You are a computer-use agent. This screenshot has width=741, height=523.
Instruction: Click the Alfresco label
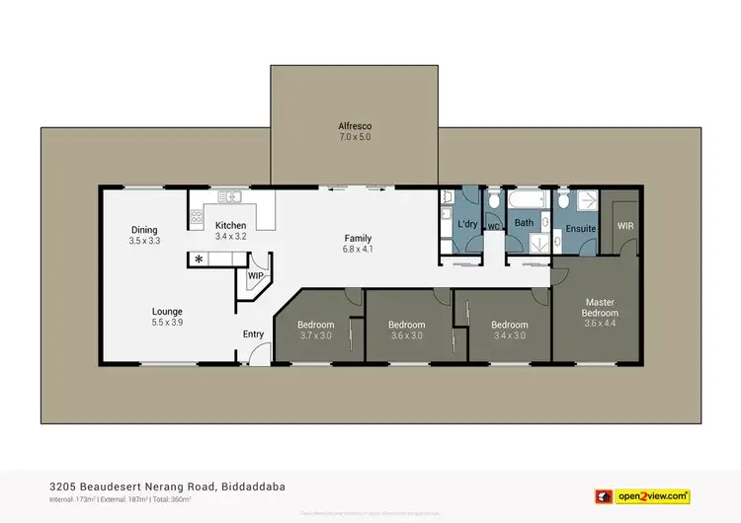click(x=354, y=126)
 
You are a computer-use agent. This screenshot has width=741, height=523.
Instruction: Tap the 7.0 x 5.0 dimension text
click(x=354, y=138)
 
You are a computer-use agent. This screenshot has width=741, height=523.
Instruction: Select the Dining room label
click(x=145, y=229)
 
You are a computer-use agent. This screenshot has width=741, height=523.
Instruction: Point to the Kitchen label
click(x=230, y=226)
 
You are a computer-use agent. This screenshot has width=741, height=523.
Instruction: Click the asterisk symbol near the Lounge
click(x=199, y=260)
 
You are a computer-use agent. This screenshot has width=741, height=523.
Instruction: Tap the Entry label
click(x=254, y=335)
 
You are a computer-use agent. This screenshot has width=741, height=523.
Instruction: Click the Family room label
click(x=358, y=238)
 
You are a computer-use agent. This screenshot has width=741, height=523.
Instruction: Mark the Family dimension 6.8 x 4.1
click(x=358, y=250)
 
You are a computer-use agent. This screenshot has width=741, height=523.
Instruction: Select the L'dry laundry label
click(x=467, y=225)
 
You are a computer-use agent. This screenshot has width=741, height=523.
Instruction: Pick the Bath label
click(x=524, y=223)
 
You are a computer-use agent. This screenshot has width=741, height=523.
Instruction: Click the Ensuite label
click(x=581, y=229)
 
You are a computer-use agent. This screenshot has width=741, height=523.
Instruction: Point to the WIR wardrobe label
click(x=625, y=225)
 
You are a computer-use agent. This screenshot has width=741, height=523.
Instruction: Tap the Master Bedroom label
click(x=601, y=308)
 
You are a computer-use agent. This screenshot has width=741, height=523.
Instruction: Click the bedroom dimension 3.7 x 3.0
click(x=316, y=336)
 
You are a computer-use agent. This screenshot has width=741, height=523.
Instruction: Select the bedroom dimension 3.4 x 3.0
click(x=510, y=336)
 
